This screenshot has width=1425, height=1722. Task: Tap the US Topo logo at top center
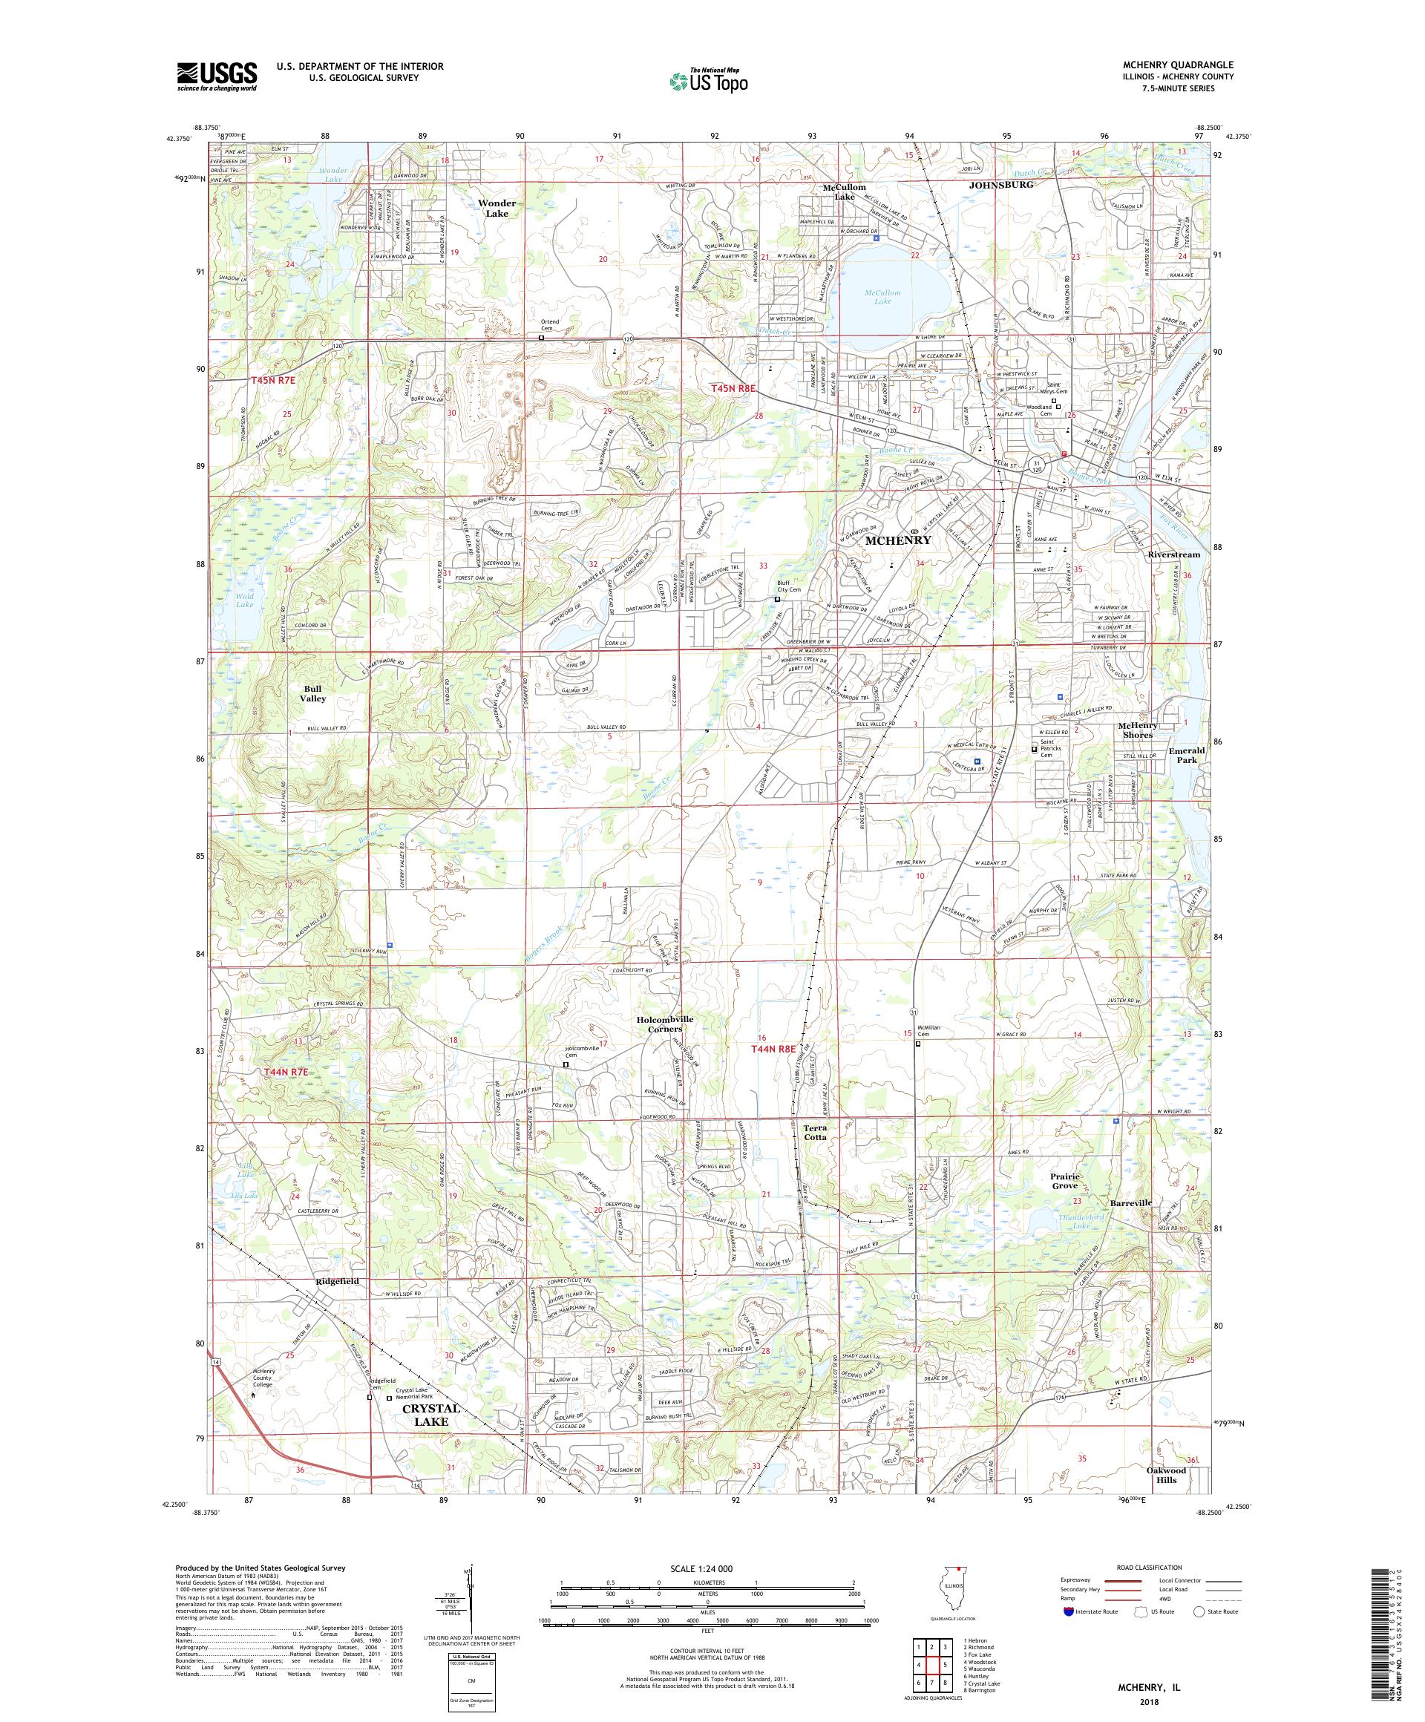tap(710, 80)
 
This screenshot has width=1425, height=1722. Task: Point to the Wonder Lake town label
tap(497, 209)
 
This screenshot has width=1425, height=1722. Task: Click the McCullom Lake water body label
tap(882, 297)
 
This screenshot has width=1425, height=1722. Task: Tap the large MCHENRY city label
tap(894, 541)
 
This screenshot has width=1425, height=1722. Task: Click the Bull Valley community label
tap(312, 694)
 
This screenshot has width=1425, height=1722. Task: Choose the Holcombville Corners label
tap(665, 1024)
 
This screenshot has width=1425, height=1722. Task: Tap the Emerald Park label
tap(1187, 755)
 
